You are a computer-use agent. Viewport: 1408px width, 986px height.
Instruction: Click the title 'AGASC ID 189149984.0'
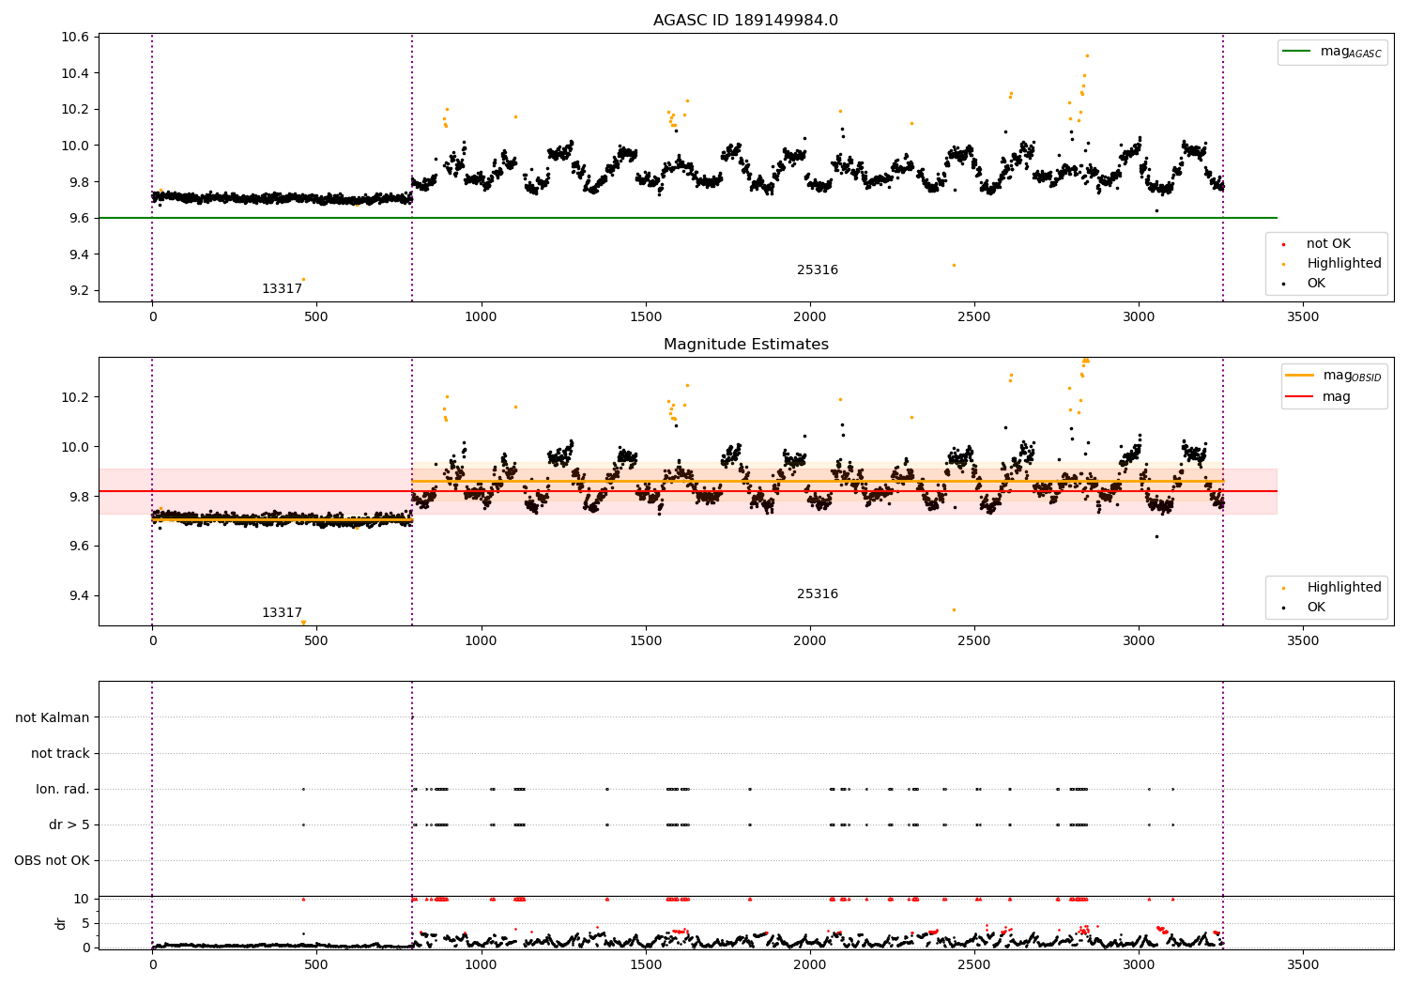point(745,21)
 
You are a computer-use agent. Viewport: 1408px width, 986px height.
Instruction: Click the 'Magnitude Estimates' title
point(745,345)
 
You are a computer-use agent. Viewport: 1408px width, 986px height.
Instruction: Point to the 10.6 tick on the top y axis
point(75,38)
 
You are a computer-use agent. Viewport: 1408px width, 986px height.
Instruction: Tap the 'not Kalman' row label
point(53,717)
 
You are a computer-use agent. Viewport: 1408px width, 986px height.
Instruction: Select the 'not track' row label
point(60,753)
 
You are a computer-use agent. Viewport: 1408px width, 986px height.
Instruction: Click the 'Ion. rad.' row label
point(63,789)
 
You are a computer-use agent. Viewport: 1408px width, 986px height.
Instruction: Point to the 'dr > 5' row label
point(69,824)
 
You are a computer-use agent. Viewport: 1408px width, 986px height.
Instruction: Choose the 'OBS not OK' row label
point(53,860)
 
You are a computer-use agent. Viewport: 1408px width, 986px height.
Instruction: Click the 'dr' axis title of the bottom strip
point(61,923)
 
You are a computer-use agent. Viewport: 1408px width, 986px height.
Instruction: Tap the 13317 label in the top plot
point(282,289)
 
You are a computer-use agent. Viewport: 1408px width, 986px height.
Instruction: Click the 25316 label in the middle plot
point(817,594)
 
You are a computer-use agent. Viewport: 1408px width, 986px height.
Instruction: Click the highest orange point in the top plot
point(1087,55)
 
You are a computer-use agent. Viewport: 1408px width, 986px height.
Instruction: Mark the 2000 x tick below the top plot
point(809,317)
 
